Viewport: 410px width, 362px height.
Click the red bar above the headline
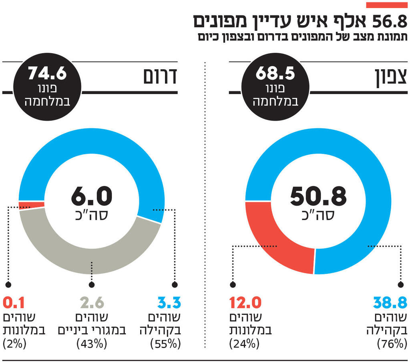(387, 5)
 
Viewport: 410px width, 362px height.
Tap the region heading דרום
(160, 77)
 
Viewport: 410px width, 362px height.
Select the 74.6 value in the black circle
(47, 74)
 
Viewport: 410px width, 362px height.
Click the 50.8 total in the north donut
(318, 196)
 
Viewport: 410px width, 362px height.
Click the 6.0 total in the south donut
(92, 196)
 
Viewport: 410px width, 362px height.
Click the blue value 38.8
(390, 303)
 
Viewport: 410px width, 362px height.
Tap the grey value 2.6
(92, 303)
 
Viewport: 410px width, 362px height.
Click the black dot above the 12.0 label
(232, 285)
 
